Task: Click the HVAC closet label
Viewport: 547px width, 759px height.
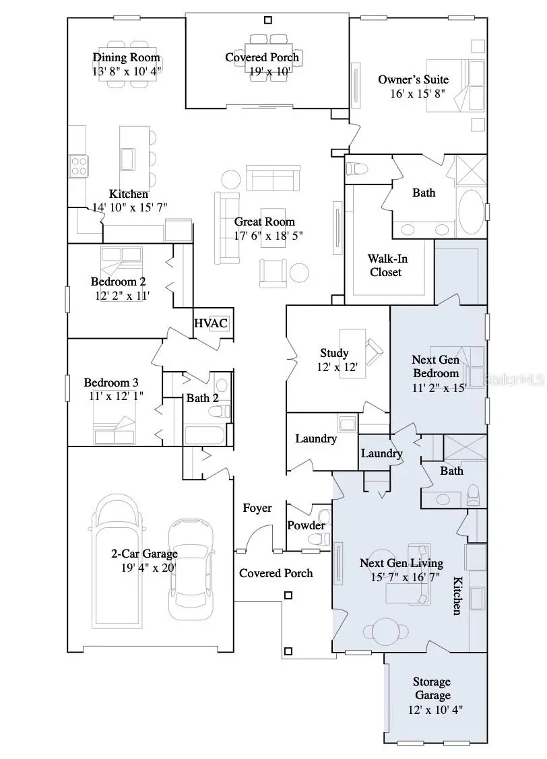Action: [211, 323]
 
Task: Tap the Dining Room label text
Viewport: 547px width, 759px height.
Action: [127, 57]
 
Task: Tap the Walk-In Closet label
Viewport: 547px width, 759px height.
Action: [387, 265]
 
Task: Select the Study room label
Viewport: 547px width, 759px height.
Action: [334, 353]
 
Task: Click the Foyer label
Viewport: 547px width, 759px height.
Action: [257, 508]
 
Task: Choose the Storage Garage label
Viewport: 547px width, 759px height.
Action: [432, 688]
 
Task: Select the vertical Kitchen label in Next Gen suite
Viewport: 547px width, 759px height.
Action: [457, 595]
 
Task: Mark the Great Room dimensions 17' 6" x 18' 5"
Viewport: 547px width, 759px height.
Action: [264, 236]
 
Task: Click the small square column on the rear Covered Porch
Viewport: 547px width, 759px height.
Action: [268, 20]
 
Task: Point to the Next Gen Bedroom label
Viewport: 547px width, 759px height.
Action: [436, 367]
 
